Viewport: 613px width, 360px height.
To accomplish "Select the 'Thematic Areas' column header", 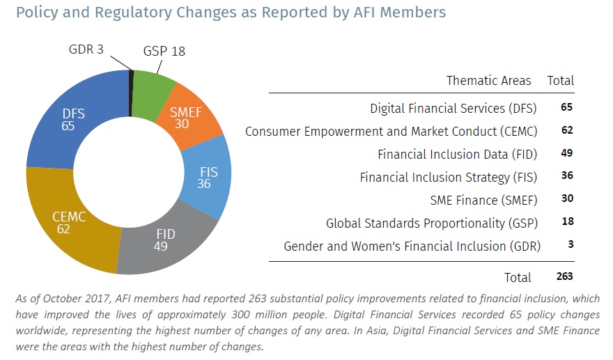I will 488,81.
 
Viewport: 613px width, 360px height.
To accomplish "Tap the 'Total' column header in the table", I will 560,81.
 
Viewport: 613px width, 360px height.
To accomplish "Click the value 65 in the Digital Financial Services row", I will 566,108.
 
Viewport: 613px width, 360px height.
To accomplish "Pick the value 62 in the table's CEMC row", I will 566,130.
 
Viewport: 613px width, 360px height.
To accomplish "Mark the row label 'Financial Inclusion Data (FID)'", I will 458,154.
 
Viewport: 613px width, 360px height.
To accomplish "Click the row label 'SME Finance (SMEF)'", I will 484,200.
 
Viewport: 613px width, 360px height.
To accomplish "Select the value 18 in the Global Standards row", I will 566,222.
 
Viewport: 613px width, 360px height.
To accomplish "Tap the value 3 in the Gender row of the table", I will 569,245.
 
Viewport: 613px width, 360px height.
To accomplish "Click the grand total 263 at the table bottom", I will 564,276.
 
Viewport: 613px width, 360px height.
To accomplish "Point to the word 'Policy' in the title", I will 34,13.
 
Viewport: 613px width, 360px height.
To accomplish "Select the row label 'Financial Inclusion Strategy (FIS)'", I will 449,177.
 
